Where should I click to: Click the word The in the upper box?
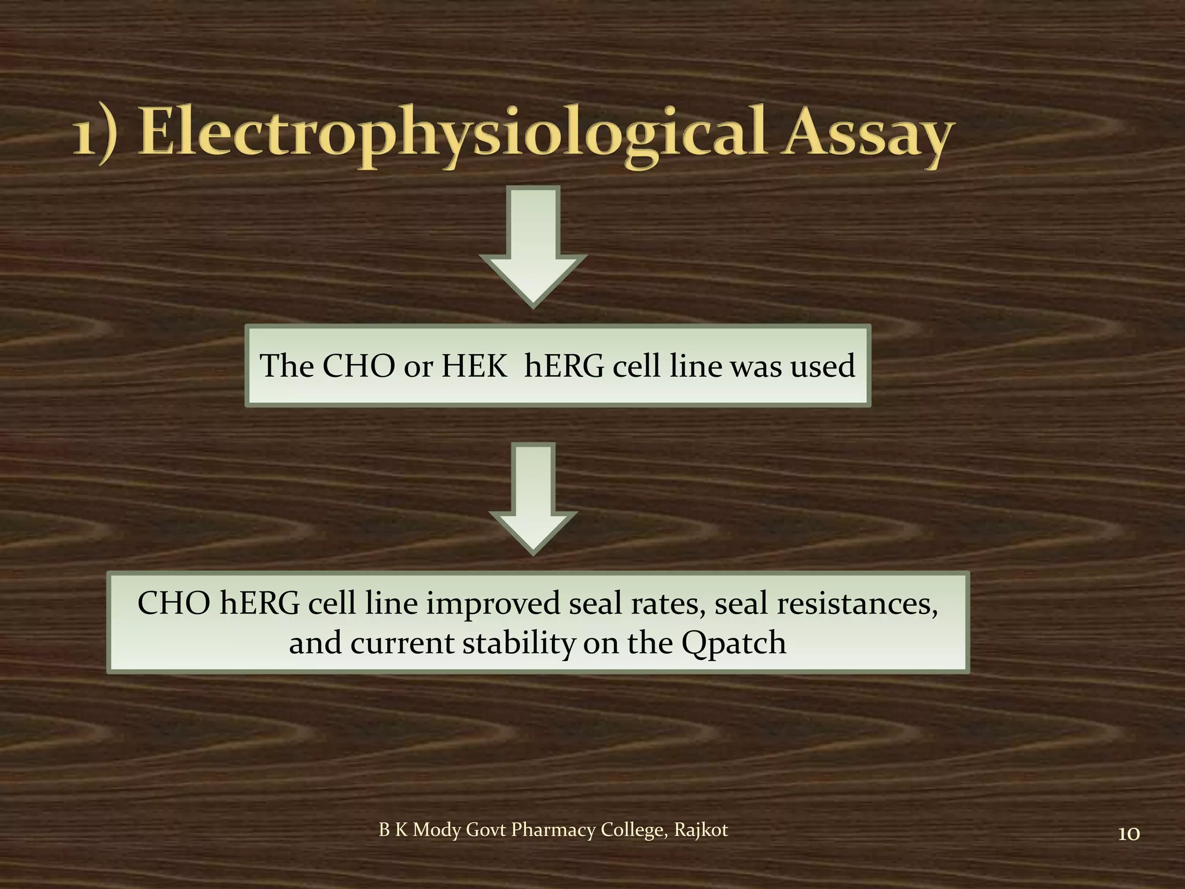[x=286, y=366]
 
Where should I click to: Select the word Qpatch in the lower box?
[x=734, y=644]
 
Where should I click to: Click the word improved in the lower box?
[x=494, y=604]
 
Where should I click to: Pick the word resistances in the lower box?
[x=857, y=604]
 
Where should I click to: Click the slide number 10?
[x=1128, y=834]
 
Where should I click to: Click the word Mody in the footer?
[x=437, y=830]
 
